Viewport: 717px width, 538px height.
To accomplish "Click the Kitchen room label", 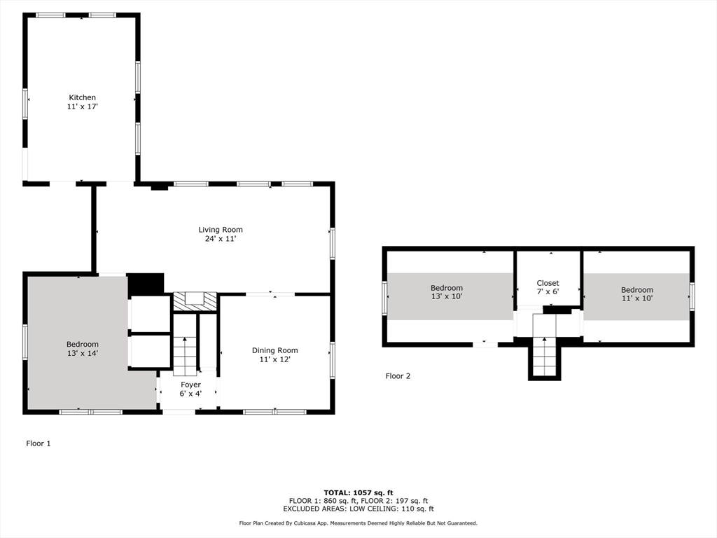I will (82, 97).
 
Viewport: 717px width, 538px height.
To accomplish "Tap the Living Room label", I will (221, 230).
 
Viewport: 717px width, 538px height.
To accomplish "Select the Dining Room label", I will (274, 350).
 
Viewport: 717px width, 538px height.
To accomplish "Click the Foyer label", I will (190, 385).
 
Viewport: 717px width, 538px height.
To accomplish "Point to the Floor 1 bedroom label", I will (82, 344).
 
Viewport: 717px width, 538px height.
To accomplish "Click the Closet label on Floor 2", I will (548, 283).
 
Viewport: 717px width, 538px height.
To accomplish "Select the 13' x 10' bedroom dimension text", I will (446, 297).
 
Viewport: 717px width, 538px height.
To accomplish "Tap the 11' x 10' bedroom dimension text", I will (636, 299).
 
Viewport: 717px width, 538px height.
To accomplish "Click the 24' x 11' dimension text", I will (221, 239).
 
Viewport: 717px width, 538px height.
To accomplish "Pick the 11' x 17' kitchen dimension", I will (82, 107).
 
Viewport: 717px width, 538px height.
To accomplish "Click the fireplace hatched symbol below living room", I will (195, 301).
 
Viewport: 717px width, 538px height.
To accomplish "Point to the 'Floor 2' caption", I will (398, 376).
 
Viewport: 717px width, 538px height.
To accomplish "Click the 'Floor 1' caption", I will (39, 443).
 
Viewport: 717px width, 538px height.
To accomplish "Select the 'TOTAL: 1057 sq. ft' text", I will (358, 492).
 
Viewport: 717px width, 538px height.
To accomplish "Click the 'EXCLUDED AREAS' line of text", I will (358, 509).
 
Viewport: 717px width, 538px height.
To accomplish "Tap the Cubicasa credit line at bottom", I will (358, 523).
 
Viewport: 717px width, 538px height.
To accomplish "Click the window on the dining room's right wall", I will (333, 360).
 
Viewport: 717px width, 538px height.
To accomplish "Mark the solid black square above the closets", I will (146, 284).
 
